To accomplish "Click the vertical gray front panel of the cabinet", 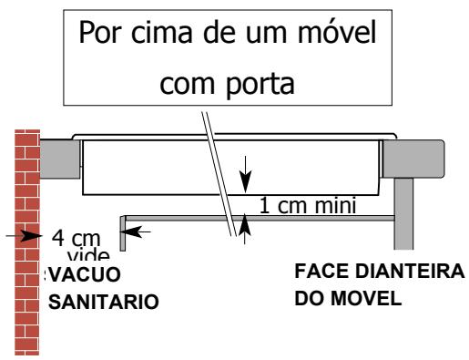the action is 404,214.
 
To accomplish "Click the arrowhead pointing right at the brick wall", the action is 36,236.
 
